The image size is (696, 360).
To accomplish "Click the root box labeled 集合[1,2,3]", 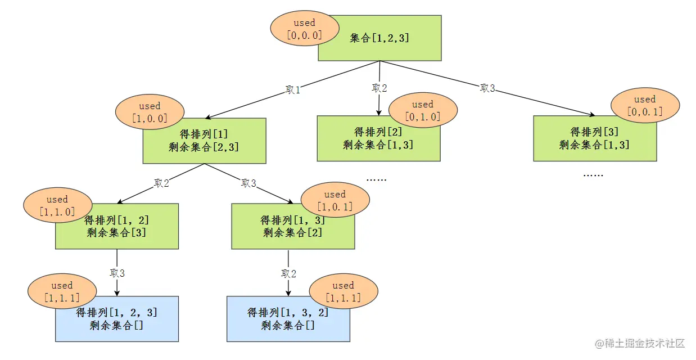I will [x=388, y=38].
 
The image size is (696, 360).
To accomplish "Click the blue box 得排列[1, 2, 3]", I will [x=116, y=319].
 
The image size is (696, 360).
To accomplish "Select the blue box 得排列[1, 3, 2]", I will [x=288, y=319].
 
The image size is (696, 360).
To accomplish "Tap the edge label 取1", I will [x=293, y=90].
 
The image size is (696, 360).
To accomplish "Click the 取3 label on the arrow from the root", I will [x=487, y=88].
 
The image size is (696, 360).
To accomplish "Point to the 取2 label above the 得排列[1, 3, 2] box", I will [x=288, y=273].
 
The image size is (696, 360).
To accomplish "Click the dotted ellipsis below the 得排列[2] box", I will [x=376, y=179].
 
